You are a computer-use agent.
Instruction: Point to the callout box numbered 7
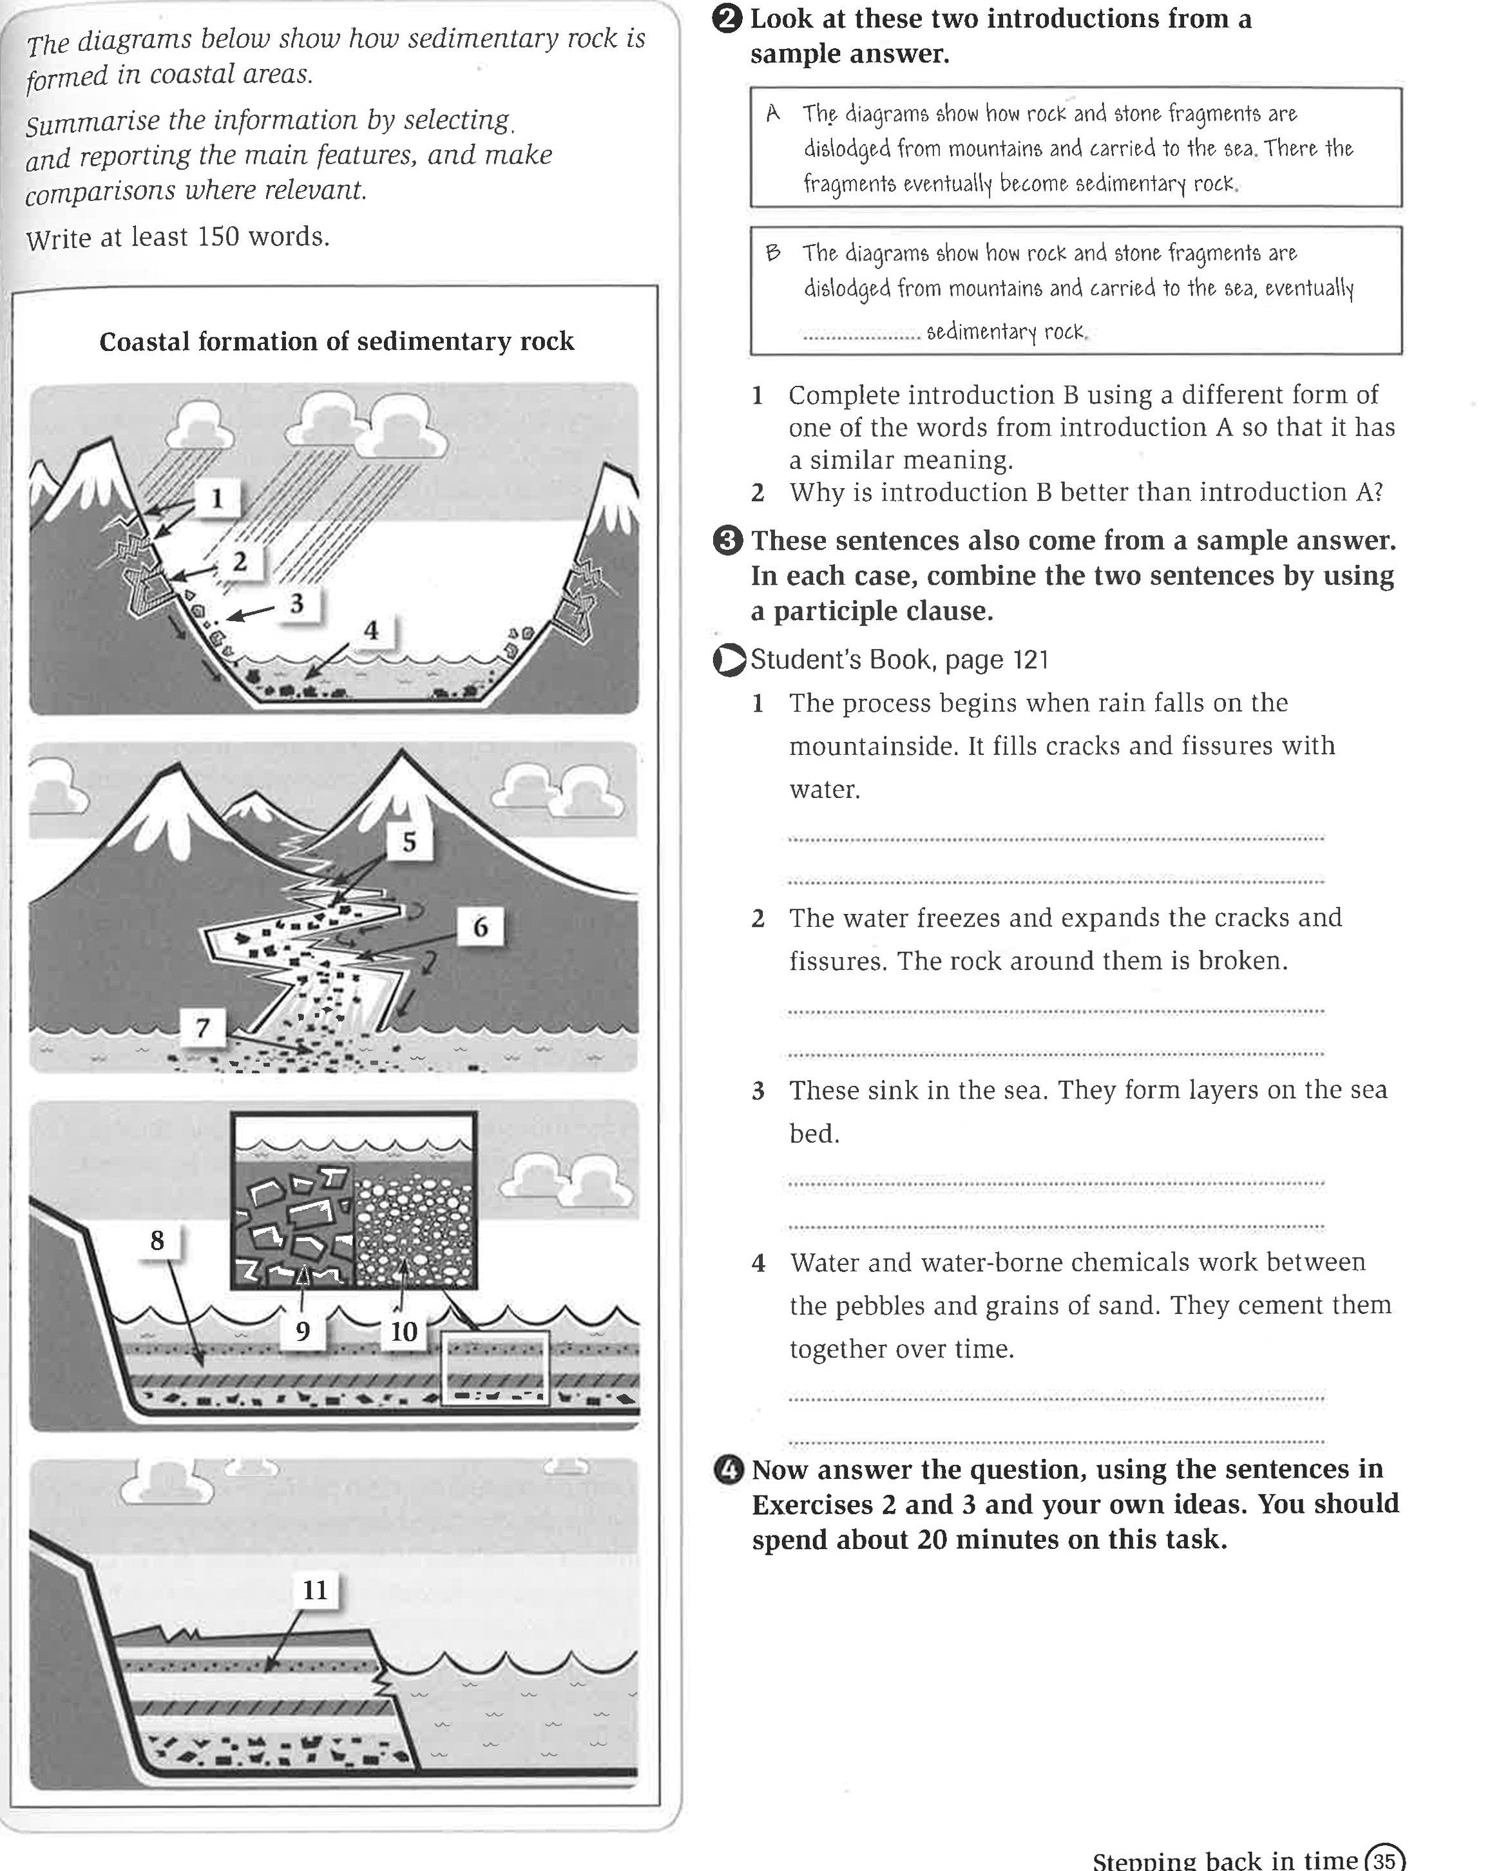pos(202,1027)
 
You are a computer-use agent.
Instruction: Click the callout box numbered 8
pos(157,1240)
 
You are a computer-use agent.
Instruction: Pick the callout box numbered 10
pos(403,1331)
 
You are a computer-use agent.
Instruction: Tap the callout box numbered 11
pos(314,1590)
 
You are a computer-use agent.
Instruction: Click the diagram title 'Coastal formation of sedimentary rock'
pos(337,341)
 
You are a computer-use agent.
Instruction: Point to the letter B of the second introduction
pos(772,252)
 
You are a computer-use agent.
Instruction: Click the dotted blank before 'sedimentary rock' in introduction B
pos(861,334)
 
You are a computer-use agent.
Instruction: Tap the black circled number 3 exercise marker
pos(727,540)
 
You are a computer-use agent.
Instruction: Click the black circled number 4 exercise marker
pos(727,1470)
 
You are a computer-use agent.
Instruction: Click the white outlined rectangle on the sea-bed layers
pos(495,1369)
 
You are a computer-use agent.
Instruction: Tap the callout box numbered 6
pos(480,927)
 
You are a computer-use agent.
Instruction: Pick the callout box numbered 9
pos(302,1331)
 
